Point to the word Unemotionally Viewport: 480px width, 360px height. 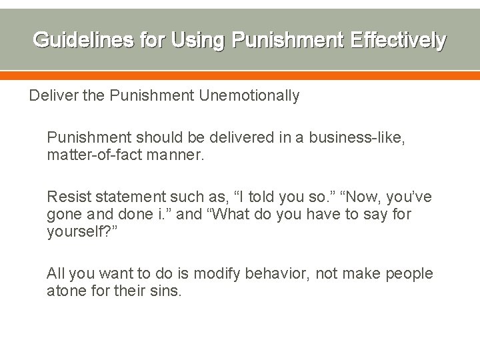pos(249,95)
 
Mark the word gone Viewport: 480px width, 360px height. pos(63,214)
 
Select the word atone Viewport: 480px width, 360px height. pos(66,291)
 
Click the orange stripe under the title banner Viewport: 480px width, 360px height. pos(240,75)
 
